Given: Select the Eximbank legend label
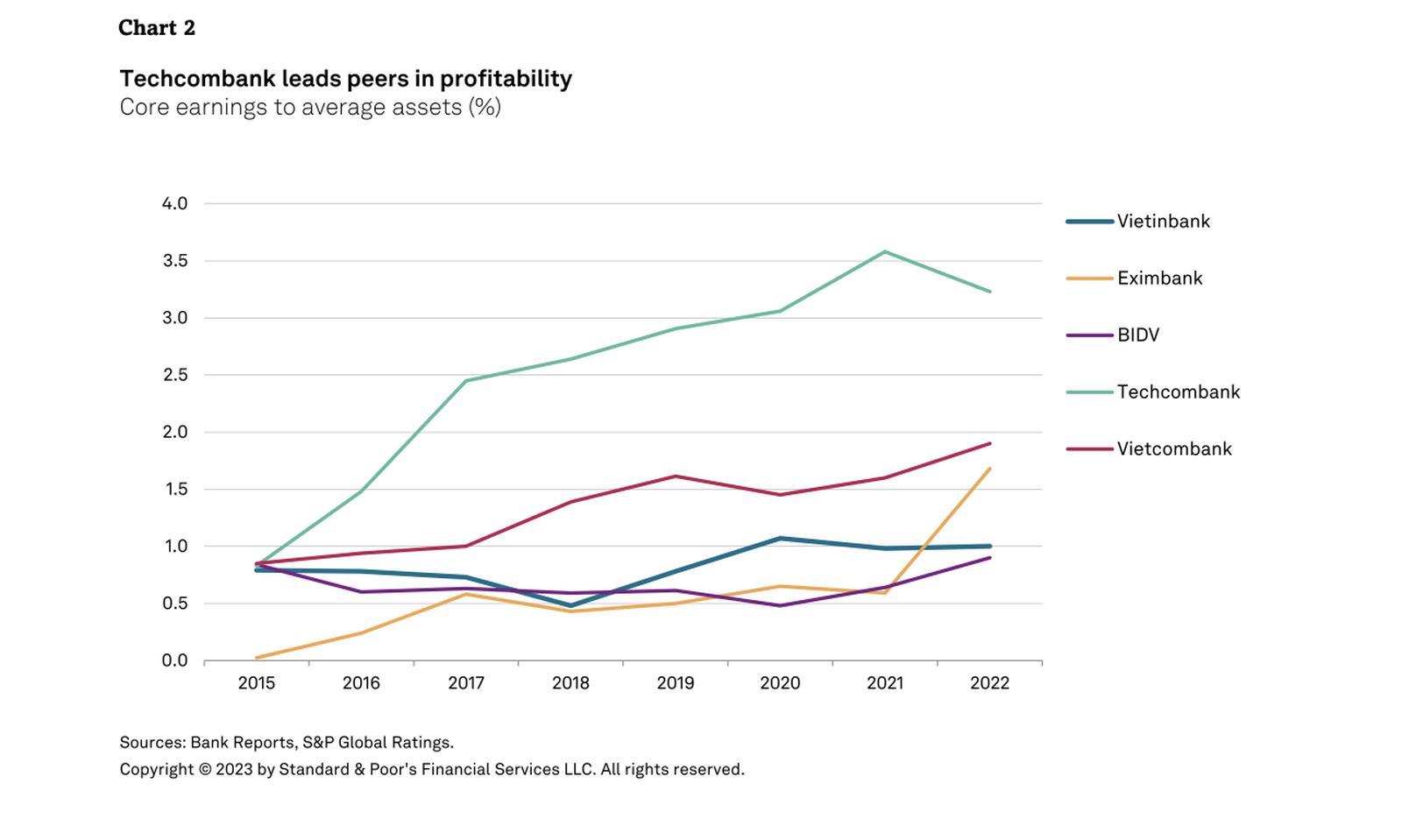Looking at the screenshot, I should coord(1159,279).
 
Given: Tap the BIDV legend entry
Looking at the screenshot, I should coord(1137,335).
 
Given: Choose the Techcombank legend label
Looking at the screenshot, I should coord(1178,392).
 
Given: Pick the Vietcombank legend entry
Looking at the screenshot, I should coord(1174,449).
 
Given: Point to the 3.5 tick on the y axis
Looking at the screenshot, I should coord(174,261).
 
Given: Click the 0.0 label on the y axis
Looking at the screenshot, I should coord(174,660).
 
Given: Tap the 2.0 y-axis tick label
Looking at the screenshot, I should coord(174,432).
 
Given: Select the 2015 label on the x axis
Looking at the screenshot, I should coord(256,683).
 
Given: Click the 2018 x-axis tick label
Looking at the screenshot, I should coord(570,683).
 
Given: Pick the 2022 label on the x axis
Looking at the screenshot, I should coord(989,683).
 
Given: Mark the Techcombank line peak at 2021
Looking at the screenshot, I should coord(885,252).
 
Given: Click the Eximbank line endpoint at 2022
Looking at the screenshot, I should coord(990,469).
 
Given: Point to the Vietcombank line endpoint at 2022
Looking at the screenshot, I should coord(990,443).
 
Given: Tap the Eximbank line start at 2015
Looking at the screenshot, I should coord(257,657).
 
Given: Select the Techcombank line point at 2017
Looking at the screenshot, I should coord(466,381).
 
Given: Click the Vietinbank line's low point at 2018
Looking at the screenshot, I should coord(570,605).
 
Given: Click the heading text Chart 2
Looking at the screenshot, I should coord(157,28).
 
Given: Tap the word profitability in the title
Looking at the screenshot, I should coord(506,79).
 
